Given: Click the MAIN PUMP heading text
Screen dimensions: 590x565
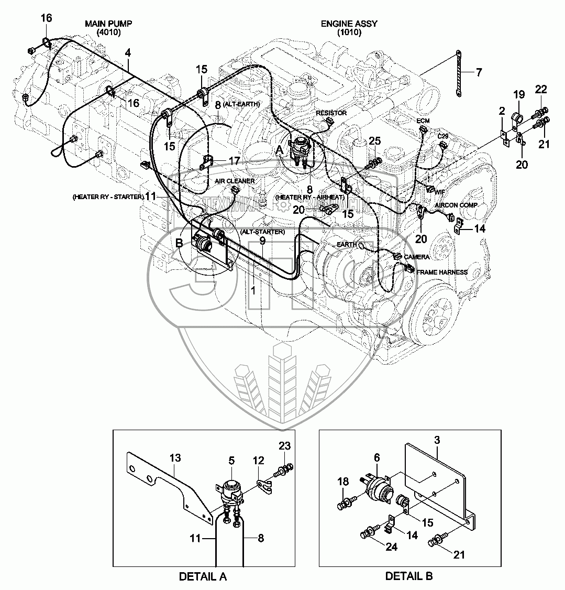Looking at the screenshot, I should click(x=109, y=24).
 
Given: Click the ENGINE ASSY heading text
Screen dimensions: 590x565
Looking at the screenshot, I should click(x=349, y=24).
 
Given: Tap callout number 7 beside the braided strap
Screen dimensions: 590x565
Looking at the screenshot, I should click(x=478, y=72).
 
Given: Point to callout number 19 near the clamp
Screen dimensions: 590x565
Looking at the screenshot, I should click(x=518, y=95).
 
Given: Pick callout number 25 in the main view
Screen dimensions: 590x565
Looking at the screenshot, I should click(x=374, y=141).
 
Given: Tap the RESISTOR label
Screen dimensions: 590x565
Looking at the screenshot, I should click(x=331, y=113).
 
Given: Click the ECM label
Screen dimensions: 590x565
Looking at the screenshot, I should click(x=423, y=121).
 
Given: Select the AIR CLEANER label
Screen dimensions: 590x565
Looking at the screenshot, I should click(x=235, y=181).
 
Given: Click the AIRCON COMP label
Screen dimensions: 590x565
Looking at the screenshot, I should click(x=455, y=205).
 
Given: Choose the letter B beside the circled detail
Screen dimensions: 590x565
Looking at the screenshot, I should click(x=179, y=243).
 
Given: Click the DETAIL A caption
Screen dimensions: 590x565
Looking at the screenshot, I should click(x=203, y=577).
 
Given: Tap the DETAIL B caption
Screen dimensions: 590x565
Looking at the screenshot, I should click(x=409, y=576).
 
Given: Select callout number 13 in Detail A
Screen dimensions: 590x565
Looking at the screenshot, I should click(x=174, y=458).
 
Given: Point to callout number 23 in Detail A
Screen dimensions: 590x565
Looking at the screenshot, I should click(x=284, y=446).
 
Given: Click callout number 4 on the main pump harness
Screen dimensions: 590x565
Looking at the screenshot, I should click(x=128, y=53).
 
